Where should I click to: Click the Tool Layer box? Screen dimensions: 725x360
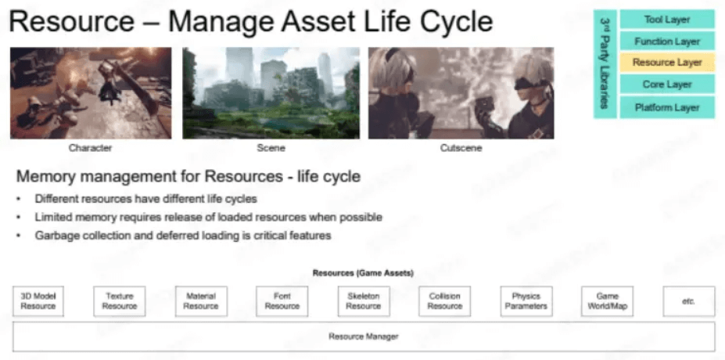[667, 20]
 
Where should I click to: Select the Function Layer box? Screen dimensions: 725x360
[667, 41]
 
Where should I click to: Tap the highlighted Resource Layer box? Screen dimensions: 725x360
[667, 63]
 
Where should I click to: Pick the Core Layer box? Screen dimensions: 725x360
[667, 85]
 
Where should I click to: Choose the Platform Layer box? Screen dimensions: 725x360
[667, 107]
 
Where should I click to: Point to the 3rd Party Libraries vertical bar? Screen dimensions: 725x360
[605, 64]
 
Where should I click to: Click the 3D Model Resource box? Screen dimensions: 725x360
[38, 301]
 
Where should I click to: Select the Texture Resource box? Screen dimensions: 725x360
[120, 301]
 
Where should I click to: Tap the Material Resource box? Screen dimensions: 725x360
[201, 301]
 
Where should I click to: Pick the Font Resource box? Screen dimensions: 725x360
[282, 301]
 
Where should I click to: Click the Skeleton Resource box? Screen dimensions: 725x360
[364, 301]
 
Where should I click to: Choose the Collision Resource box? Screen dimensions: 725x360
[445, 301]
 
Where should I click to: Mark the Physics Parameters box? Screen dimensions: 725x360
[526, 301]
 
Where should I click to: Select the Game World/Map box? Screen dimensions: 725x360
[607, 301]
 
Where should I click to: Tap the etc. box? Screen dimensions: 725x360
[689, 301]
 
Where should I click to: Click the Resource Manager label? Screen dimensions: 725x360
[364, 337]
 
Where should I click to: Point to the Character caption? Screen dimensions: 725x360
[90, 148]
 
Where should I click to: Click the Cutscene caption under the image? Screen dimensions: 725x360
[461, 148]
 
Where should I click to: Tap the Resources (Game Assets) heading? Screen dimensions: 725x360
[363, 273]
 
